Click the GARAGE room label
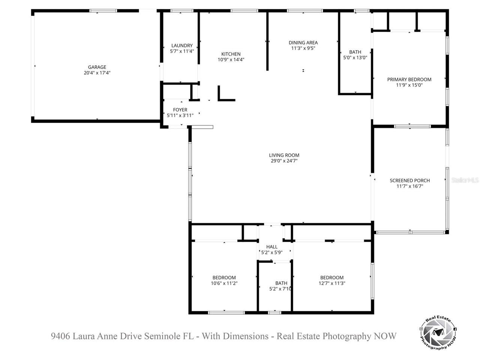pos(97,67)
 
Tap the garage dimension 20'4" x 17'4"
pos(97,73)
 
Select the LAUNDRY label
pos(182,46)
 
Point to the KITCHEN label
pos(231,54)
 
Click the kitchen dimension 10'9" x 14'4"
pos(231,60)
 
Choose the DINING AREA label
pos(303,43)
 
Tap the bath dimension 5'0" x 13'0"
pos(355,58)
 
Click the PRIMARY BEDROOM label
pos(409,79)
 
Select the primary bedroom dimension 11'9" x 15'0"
pos(409,85)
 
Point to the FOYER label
pos(180,110)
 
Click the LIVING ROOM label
pos(284,155)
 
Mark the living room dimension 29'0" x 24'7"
pos(284,161)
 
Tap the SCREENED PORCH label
pos(409,180)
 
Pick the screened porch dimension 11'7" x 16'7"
pos(409,186)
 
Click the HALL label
pos(272,247)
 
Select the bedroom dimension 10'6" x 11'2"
pos(224,283)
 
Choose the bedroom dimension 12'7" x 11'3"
pos(332,283)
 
